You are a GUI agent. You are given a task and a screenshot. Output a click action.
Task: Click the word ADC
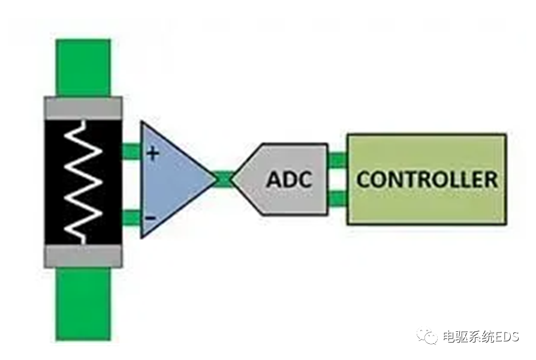[x=290, y=179]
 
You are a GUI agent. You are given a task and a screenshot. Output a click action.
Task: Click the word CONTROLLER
[x=427, y=179]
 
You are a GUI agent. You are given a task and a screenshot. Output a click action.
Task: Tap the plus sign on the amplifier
[x=153, y=154]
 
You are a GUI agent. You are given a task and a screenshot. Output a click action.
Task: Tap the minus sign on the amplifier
[x=152, y=218]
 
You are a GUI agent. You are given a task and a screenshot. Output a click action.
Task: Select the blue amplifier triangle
[x=171, y=180]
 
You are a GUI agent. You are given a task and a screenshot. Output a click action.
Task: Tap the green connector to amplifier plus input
[x=131, y=151]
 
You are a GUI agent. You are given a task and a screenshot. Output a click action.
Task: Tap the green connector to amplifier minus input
[x=131, y=217]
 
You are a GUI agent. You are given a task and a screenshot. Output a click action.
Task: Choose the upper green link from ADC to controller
[x=338, y=160]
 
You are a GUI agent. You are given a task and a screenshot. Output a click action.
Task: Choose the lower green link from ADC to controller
[x=338, y=197]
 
